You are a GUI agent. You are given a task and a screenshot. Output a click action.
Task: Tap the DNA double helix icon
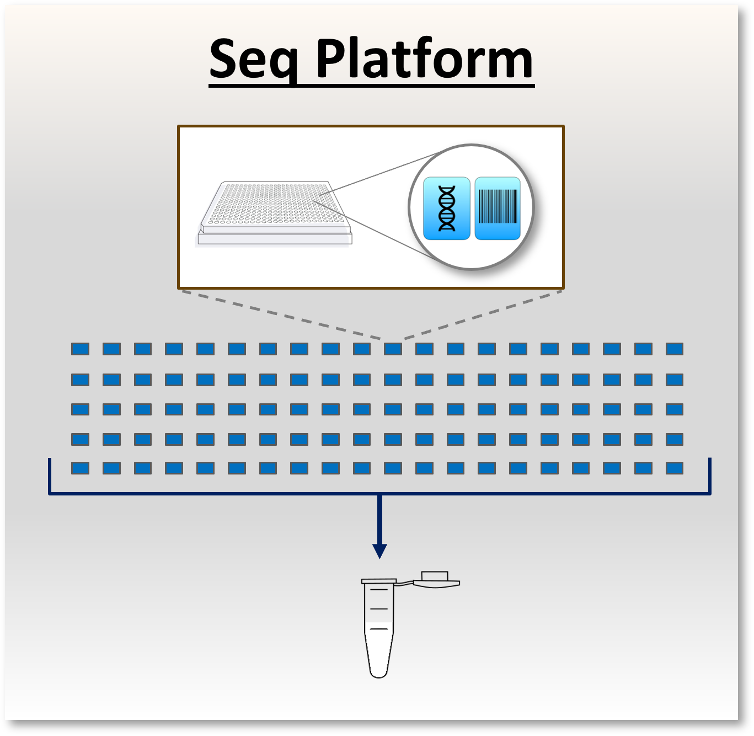pos(447,209)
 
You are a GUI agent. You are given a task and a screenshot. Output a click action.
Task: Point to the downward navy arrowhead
pos(379,551)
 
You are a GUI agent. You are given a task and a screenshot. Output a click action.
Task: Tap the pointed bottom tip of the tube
pos(379,673)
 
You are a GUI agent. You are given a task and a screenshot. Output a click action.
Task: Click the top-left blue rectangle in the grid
pos(81,349)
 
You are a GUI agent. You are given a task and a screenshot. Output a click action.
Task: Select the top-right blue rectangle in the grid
pos(675,349)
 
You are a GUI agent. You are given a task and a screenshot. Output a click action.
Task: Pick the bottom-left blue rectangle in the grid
pos(81,468)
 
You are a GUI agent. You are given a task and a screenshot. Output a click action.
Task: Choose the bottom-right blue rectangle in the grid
pos(675,468)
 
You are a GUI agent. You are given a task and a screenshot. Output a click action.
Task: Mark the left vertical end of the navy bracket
pos(50,476)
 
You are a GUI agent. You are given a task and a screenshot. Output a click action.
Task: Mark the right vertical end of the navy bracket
pos(709,476)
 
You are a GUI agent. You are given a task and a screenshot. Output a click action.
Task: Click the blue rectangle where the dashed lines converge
pos(393,349)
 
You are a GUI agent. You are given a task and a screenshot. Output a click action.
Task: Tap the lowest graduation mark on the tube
pos(379,629)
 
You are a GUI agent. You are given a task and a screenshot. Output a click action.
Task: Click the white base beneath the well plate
pos(274,239)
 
